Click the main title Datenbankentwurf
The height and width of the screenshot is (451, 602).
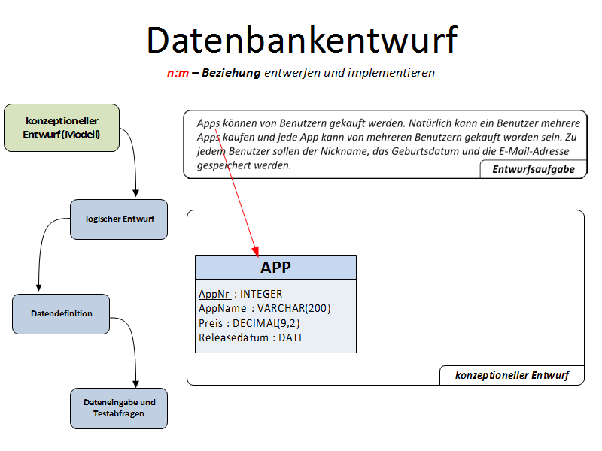[x=301, y=39]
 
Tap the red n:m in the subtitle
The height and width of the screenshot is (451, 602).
[x=178, y=73]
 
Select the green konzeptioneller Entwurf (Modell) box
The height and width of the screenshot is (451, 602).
[x=62, y=128]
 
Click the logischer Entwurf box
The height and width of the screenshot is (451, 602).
[x=119, y=219]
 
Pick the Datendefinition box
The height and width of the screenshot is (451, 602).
[x=62, y=313]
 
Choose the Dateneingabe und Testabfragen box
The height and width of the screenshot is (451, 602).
[x=119, y=408]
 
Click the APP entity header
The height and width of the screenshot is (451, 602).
[x=275, y=267]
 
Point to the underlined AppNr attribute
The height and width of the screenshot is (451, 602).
[x=214, y=294]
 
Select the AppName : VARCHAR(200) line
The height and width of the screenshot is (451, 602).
[x=264, y=308]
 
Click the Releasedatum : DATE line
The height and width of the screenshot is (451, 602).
[x=251, y=337]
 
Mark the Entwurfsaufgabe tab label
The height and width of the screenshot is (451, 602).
[x=534, y=169]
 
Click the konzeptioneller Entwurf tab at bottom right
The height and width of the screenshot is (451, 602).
[x=512, y=375]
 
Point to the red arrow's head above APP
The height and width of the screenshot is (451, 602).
[x=256, y=251]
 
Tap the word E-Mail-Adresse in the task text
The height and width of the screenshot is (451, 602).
[x=540, y=151]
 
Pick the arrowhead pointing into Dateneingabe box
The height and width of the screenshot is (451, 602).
[x=136, y=383]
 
